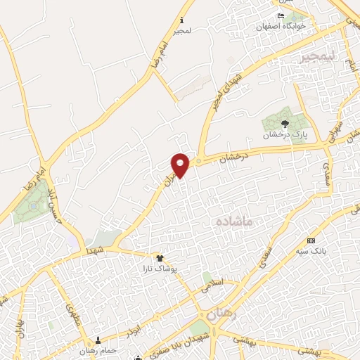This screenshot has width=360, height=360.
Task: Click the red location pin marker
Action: coord(181,165)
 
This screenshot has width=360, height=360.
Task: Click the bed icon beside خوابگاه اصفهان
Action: coord(281,16)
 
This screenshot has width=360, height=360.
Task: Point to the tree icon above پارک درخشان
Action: coord(284,123)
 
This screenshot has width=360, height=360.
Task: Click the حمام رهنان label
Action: coord(97,350)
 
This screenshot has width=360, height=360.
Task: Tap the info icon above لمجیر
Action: coord(183,20)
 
